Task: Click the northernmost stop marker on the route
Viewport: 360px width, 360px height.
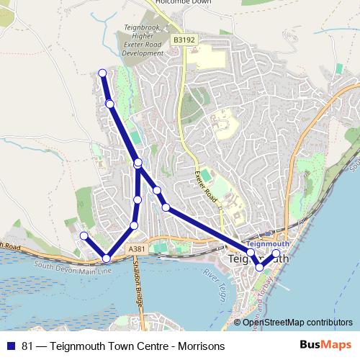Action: pos(102,73)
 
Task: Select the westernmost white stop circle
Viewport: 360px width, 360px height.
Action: pos(84,235)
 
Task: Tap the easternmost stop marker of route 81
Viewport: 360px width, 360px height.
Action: pos(276,253)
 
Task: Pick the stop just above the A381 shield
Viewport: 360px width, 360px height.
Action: pos(134,226)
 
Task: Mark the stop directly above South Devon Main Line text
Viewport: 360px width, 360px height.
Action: pos(107,258)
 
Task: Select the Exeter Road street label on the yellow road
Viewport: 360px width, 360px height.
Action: pos(207,186)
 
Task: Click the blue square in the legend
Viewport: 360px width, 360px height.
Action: pos(12,346)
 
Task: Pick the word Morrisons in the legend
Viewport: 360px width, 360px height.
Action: pos(201,346)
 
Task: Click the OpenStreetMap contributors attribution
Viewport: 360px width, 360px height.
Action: pos(297,322)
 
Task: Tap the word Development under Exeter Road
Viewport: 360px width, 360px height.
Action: pos(143,53)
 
